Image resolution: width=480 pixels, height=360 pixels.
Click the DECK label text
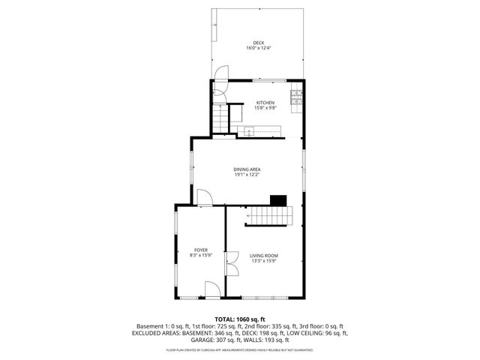pyautogui.click(x=258, y=43)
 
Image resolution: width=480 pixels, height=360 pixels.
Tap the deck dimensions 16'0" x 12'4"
pyautogui.click(x=258, y=49)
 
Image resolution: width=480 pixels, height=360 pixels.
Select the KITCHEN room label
pyautogui.click(x=265, y=103)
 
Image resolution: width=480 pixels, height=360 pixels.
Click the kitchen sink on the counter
pyautogui.click(x=249, y=130)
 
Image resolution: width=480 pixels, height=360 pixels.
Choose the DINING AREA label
pyautogui.click(x=247, y=169)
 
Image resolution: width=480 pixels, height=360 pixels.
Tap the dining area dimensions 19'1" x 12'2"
pyautogui.click(x=247, y=175)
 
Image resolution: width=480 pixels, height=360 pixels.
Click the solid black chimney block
pyautogui.click(x=278, y=199)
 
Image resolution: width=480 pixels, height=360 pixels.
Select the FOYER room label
pyautogui.click(x=200, y=250)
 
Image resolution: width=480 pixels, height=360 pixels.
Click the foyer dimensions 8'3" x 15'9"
pyautogui.click(x=200, y=256)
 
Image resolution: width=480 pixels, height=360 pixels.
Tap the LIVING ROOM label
pyautogui.click(x=264, y=256)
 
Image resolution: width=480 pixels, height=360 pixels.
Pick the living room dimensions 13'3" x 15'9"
pyautogui.click(x=264, y=262)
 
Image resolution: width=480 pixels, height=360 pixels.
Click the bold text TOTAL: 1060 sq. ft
pyautogui.click(x=240, y=319)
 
